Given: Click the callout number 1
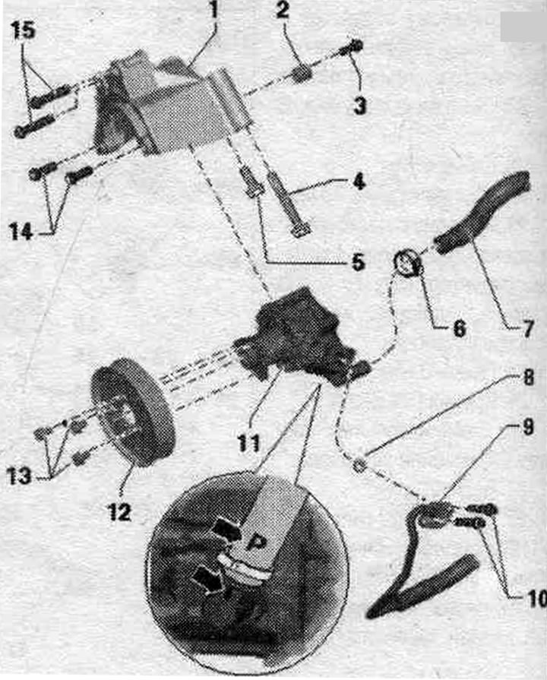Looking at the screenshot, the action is tap(213, 10).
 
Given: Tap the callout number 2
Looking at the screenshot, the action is tap(283, 10).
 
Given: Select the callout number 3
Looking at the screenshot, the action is tap(359, 106).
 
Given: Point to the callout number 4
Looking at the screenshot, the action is tap(359, 182).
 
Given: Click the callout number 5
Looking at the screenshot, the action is tap(359, 261).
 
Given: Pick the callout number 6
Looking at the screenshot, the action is tap(460, 329).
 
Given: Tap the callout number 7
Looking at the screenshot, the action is tap(526, 329).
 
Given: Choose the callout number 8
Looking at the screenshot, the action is tap(528, 378).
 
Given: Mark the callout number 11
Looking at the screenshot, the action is tap(248, 443).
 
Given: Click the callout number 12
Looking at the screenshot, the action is tap(120, 513).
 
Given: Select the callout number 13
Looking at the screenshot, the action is tap(19, 476).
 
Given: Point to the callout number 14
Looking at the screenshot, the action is tap(21, 232).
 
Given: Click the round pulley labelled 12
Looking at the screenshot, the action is tap(132, 412).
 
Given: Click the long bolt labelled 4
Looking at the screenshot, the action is tap(289, 204).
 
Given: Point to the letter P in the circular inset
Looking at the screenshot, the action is tap(256, 542).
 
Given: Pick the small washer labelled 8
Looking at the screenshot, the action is tap(359, 466).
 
